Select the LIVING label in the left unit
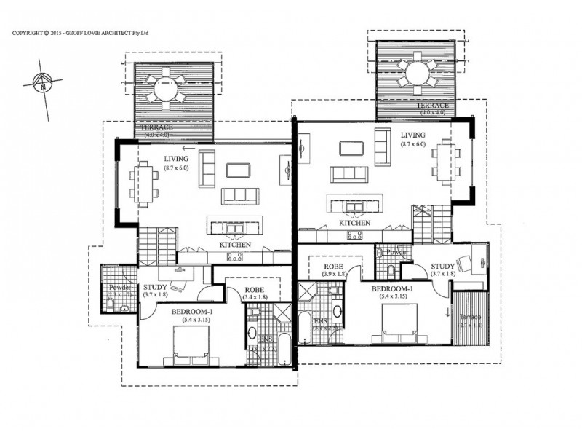[x=176, y=159]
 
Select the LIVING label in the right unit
[x=412, y=134]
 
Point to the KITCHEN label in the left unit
[x=235, y=245]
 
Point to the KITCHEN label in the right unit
[x=355, y=223]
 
